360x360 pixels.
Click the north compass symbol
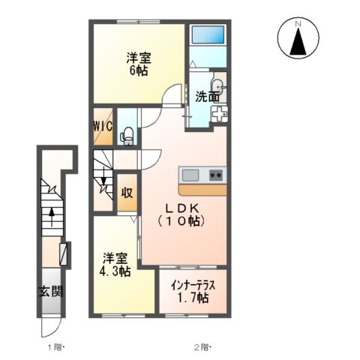click(x=298, y=38)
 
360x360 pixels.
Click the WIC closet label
click(x=103, y=127)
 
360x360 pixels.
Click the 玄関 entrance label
click(x=51, y=290)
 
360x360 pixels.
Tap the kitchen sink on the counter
click(x=190, y=175)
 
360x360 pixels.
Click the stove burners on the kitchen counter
click(x=215, y=175)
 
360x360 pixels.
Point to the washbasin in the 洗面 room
click(x=218, y=85)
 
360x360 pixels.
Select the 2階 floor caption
click(x=202, y=346)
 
